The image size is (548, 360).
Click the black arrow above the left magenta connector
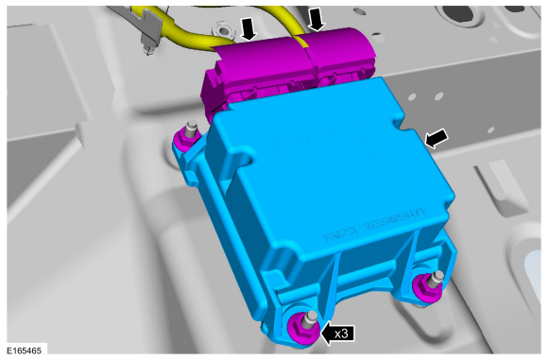pyautogui.click(x=249, y=28)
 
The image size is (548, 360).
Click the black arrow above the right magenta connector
pyautogui.click(x=317, y=19)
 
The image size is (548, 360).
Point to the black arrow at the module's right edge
pyautogui.click(x=436, y=138)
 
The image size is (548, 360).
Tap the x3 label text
pyautogui.click(x=341, y=334)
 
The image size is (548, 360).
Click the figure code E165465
pyautogui.click(x=25, y=351)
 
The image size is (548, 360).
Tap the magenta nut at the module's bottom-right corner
pyautogui.click(x=427, y=286)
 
